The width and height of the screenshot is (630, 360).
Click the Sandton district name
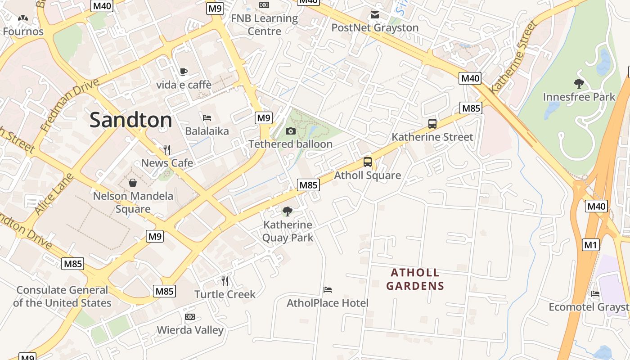pos(130,120)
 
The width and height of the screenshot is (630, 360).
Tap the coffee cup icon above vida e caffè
pos(183,72)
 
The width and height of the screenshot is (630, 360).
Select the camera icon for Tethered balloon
pos(291,131)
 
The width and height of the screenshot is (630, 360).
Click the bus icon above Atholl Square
pos(367,162)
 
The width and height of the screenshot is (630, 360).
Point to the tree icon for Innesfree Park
pos(579,83)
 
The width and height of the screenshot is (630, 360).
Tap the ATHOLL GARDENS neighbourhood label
pos(415,279)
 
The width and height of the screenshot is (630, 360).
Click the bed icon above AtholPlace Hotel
pos(328,290)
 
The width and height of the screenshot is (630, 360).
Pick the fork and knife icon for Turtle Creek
pos(225,281)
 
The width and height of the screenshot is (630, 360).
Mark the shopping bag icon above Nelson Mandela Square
pos(133,183)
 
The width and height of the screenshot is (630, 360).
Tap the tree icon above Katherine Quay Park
pos(287,211)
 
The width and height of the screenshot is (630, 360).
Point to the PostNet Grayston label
pos(375,28)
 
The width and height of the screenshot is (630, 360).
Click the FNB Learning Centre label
pos(264,25)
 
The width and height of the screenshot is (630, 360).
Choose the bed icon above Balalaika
pos(207,118)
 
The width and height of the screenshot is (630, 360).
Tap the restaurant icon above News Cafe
pos(167,149)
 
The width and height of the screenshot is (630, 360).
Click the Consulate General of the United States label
pos(62,296)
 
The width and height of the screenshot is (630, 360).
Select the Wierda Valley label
pos(190,330)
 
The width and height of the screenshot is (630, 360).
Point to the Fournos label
pos(23,31)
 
